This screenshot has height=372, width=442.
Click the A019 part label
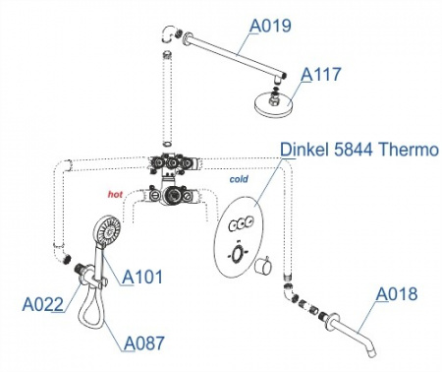(x=270, y=26)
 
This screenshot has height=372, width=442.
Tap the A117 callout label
(x=321, y=74)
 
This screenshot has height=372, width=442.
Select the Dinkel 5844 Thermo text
(x=359, y=150)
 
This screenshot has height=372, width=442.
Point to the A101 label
(x=142, y=277)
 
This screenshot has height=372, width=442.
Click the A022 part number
(x=42, y=304)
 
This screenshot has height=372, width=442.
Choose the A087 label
(x=144, y=343)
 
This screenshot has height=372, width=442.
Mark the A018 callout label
(x=397, y=293)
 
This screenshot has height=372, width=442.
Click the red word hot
(x=115, y=194)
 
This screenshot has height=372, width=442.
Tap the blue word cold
(x=239, y=179)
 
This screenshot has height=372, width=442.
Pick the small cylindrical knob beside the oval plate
(x=263, y=266)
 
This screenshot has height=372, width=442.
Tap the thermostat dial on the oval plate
(x=237, y=254)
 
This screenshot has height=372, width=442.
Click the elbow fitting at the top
(x=169, y=34)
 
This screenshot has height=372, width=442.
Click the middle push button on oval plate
(x=243, y=223)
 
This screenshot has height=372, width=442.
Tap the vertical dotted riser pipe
(x=168, y=97)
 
